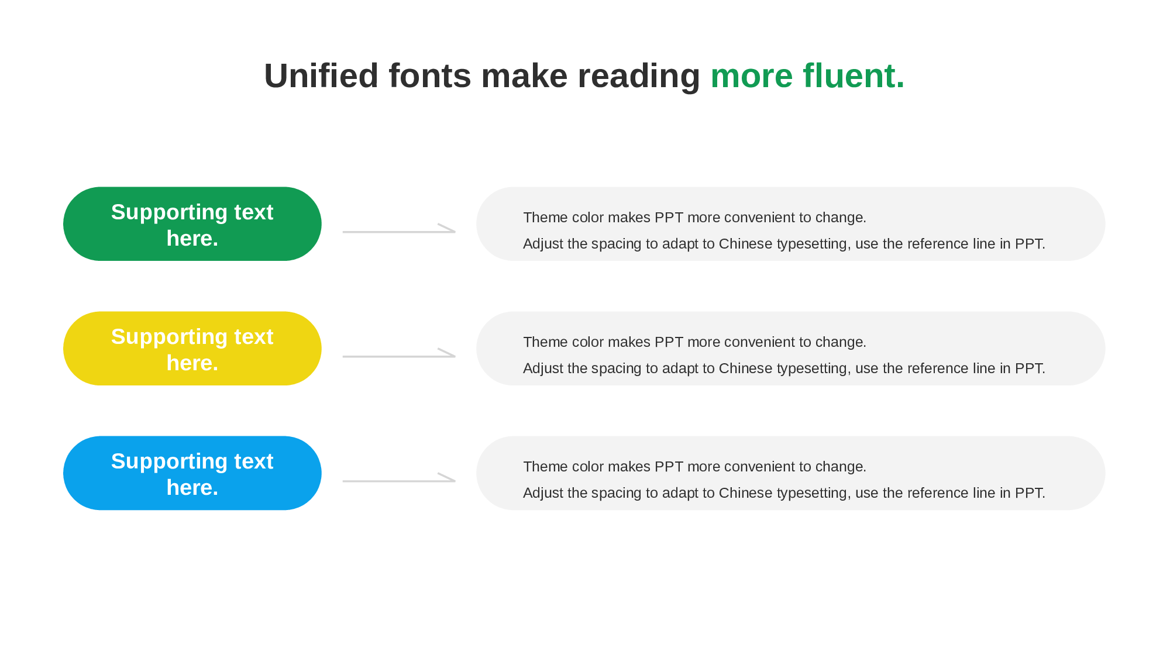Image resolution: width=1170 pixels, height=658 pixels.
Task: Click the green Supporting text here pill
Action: [192, 224]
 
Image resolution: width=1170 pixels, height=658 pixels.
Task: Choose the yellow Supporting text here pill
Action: [192, 349]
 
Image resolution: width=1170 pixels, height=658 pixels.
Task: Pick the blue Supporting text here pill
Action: [192, 473]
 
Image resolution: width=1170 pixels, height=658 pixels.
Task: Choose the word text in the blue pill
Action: [254, 461]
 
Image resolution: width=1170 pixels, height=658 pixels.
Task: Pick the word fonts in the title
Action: [430, 76]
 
